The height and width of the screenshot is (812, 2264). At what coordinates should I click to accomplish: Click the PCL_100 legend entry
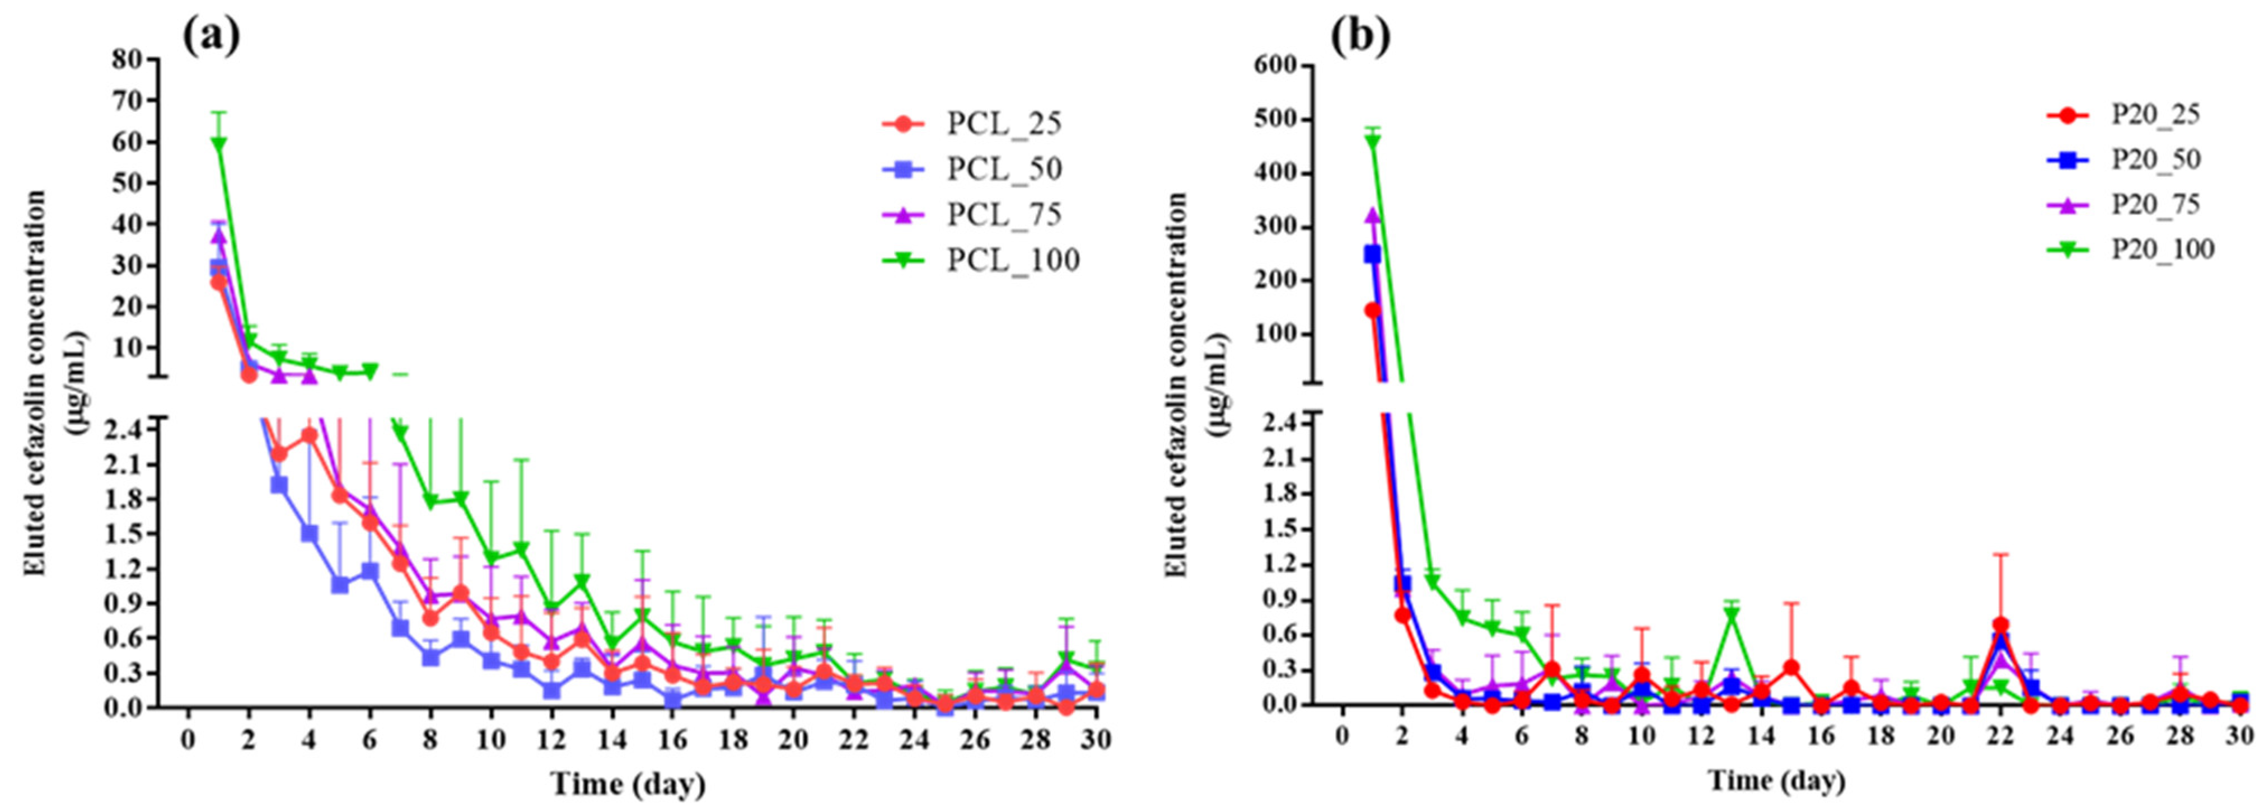[x=980, y=260]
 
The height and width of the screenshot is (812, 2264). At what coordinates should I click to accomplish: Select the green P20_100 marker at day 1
[x=1372, y=140]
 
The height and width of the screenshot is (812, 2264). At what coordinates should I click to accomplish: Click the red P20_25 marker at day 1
[x=1372, y=310]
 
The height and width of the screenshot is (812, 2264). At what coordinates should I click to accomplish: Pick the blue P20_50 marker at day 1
[x=1372, y=254]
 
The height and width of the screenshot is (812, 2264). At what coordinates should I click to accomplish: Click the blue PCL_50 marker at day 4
[x=310, y=533]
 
